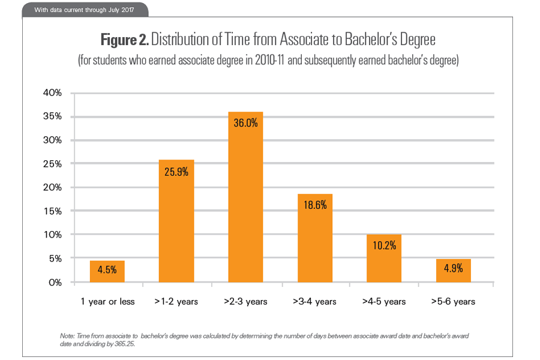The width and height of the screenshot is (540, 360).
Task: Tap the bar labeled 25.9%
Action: tap(176, 222)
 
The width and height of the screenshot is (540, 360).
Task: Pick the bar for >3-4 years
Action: tap(315, 240)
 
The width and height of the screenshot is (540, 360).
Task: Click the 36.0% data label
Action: tap(245, 123)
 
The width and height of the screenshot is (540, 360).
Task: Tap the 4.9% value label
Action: tap(454, 268)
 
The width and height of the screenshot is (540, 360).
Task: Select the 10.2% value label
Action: tap(384, 245)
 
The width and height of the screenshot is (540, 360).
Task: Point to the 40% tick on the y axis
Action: tap(52, 93)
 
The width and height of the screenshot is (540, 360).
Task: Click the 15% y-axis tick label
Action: tap(52, 211)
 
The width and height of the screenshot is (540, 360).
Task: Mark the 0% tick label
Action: tap(54, 282)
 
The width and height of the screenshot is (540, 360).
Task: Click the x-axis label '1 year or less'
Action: tap(107, 301)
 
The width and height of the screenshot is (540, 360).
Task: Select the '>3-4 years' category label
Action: tap(315, 301)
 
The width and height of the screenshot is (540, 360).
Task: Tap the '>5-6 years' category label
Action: tap(454, 301)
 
